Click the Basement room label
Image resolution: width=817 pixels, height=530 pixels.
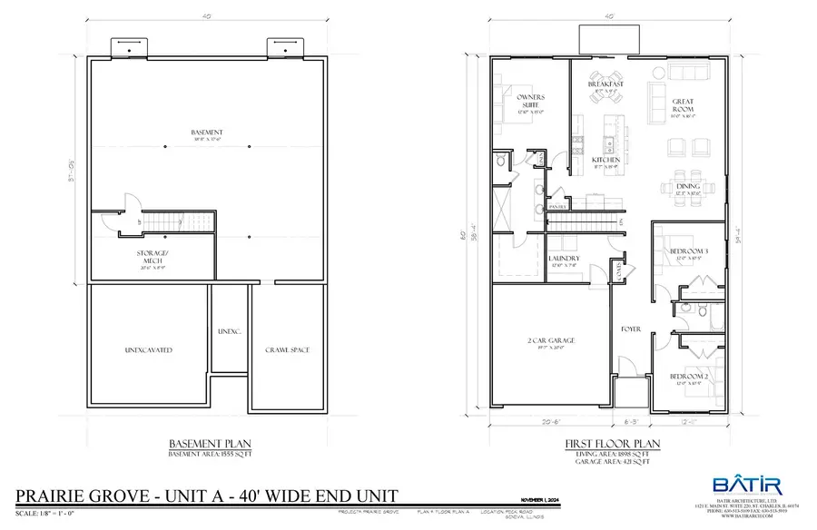pyautogui.click(x=207, y=132)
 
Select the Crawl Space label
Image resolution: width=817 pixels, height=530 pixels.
pyautogui.click(x=284, y=349)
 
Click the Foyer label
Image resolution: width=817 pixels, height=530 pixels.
pyautogui.click(x=631, y=329)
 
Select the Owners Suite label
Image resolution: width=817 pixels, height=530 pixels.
pyautogui.click(x=529, y=100)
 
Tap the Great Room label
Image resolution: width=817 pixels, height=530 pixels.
pyautogui.click(x=683, y=103)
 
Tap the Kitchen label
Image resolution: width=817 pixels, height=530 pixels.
pyautogui.click(x=605, y=160)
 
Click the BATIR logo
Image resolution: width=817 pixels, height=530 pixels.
pyautogui.click(x=740, y=486)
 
